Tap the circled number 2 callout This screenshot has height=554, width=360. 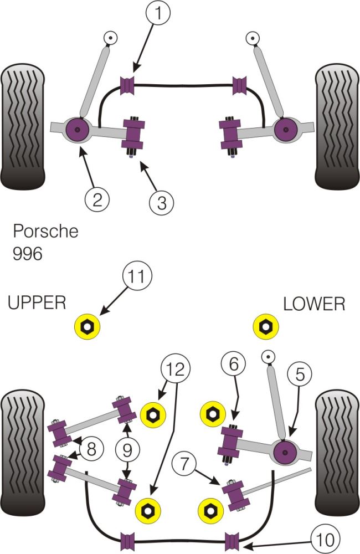pos(97,198)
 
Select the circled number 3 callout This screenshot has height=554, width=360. pos(161,202)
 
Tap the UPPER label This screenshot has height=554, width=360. pos(37,302)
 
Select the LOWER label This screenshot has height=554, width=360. pos(313,304)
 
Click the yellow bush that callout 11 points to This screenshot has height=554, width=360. pos(88,327)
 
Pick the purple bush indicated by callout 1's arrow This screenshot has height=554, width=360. pos(128,85)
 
